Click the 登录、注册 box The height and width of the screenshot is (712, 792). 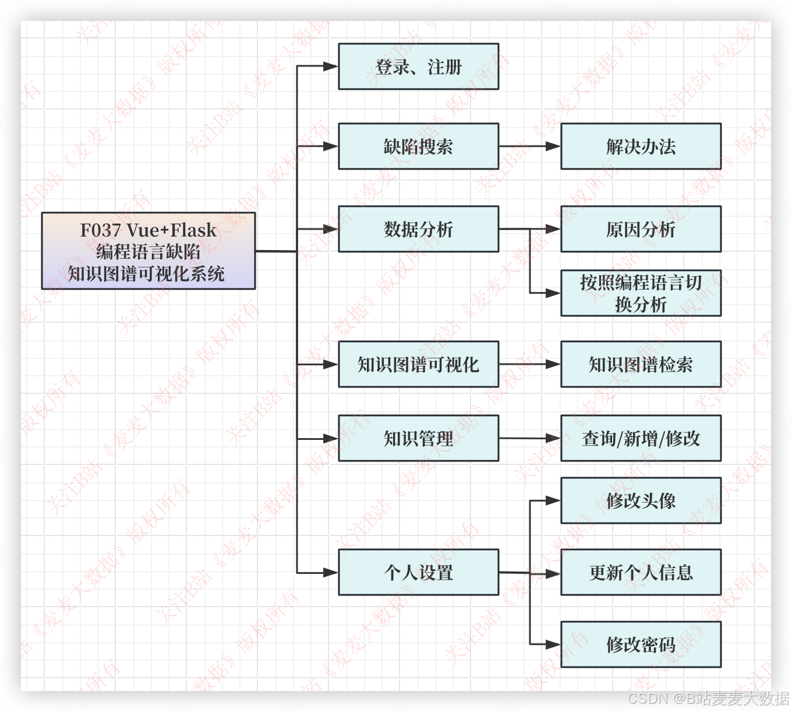418,66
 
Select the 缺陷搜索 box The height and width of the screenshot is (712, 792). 418,146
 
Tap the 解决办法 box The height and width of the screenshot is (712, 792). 641,146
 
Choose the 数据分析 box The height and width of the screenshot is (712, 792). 418,229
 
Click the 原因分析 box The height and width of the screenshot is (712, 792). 641,229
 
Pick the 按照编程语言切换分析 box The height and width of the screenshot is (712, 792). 641,293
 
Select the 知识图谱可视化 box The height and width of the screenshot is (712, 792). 418,364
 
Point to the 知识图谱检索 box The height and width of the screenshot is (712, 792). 641,364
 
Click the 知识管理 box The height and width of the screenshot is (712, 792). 418,438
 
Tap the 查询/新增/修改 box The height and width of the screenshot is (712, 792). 641,438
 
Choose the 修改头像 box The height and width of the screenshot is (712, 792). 641,500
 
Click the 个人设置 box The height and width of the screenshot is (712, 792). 418,572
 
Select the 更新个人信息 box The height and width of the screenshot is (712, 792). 641,572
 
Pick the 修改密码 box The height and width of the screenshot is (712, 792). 641,644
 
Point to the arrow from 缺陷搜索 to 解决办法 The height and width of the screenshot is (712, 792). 529,146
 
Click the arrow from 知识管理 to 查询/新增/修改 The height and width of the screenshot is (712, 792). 529,438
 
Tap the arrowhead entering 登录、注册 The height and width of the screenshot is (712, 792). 331,66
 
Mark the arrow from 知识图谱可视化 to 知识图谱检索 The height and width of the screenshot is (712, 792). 529,364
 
